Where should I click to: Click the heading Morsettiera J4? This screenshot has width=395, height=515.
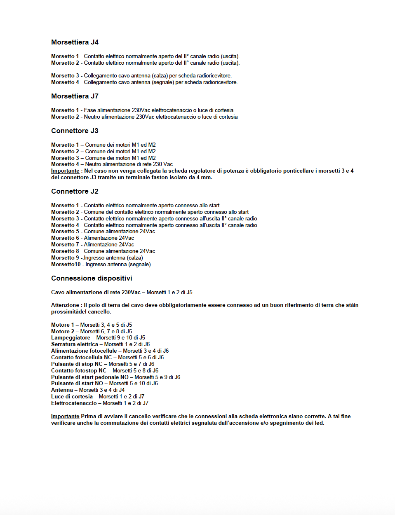click(75, 42)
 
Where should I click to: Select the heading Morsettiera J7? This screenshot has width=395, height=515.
click(75, 96)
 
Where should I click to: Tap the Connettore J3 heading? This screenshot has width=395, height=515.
click(75, 131)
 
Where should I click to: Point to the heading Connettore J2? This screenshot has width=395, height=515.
click(75, 191)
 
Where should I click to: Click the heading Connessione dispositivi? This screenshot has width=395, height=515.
click(92, 278)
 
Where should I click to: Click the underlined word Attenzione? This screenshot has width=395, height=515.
click(65, 305)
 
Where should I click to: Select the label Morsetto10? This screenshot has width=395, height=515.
click(66, 265)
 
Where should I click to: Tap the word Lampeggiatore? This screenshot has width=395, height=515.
click(71, 338)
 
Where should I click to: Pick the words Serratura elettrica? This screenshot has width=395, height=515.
click(75, 344)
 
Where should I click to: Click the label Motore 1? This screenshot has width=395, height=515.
click(62, 325)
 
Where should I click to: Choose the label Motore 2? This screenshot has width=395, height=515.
click(62, 332)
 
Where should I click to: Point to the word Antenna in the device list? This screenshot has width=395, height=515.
click(62, 390)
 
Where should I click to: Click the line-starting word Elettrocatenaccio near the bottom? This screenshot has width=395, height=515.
click(74, 403)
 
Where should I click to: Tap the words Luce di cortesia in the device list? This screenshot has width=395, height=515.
click(72, 397)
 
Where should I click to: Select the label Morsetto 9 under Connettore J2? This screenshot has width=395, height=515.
click(65, 258)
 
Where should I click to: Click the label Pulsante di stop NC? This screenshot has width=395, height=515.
click(77, 364)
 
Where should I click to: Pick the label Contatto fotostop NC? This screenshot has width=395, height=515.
click(79, 371)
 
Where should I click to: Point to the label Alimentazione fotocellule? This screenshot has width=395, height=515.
click(84, 351)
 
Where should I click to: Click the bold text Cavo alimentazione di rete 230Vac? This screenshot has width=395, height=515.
click(96, 293)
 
